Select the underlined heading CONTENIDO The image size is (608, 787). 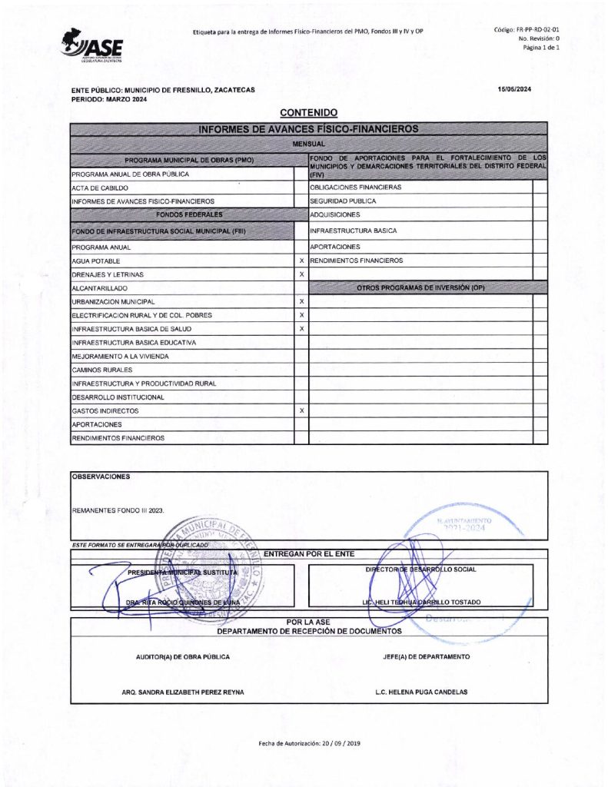coord(309,113)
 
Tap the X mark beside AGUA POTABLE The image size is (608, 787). coord(301,261)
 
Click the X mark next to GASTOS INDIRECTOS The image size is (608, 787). coord(301,411)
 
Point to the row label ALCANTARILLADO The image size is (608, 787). coord(99,288)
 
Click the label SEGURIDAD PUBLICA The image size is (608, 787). coord(343,201)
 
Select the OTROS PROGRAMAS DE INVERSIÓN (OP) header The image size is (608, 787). coord(420,287)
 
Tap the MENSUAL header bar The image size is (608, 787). coord(309,144)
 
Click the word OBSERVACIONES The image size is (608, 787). coord(101,477)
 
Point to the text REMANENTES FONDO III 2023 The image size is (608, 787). coord(118,510)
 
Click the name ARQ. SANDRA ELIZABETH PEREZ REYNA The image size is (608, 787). coord(183,692)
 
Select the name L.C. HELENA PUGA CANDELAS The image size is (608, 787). coord(421,692)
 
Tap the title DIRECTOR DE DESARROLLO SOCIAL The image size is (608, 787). coord(420,570)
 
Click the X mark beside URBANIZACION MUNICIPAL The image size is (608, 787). coord(301,301)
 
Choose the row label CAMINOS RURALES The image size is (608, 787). coord(103,370)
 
